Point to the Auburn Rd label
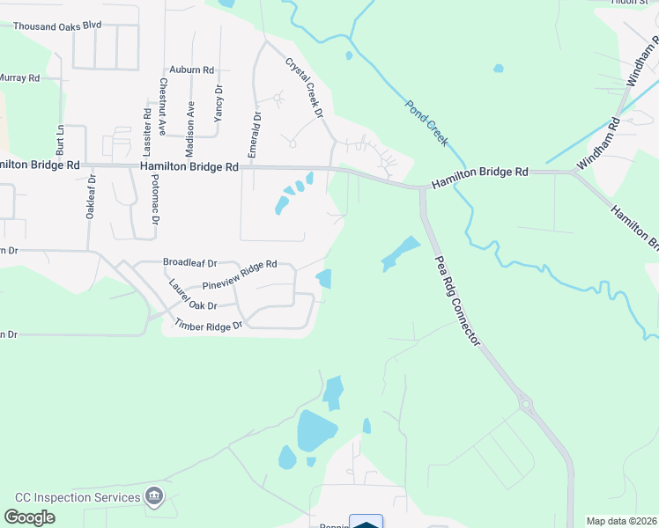point(192,70)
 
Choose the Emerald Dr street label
point(254,135)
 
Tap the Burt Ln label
point(61,139)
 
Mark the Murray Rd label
point(19,78)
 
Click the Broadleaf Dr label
point(189,261)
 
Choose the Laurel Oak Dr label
point(193,295)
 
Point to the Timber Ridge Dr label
point(208,326)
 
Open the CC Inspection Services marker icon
point(155,497)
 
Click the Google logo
point(30,517)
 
